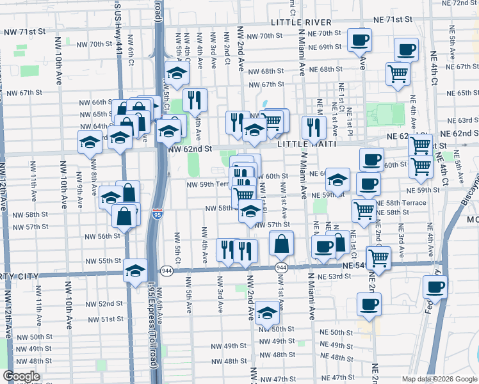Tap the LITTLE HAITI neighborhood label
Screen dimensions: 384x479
point(303,145)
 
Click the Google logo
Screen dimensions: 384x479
point(21,376)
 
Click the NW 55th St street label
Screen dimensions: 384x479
point(104,261)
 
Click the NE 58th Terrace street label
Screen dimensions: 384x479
point(405,202)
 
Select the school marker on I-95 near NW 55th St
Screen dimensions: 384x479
point(136,269)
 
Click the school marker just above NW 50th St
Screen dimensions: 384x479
point(267,312)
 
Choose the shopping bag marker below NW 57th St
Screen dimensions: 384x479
point(281,244)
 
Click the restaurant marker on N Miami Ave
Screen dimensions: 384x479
point(313,127)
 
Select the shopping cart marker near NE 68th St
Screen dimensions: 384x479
point(398,73)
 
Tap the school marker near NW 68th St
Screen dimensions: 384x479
point(177,73)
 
